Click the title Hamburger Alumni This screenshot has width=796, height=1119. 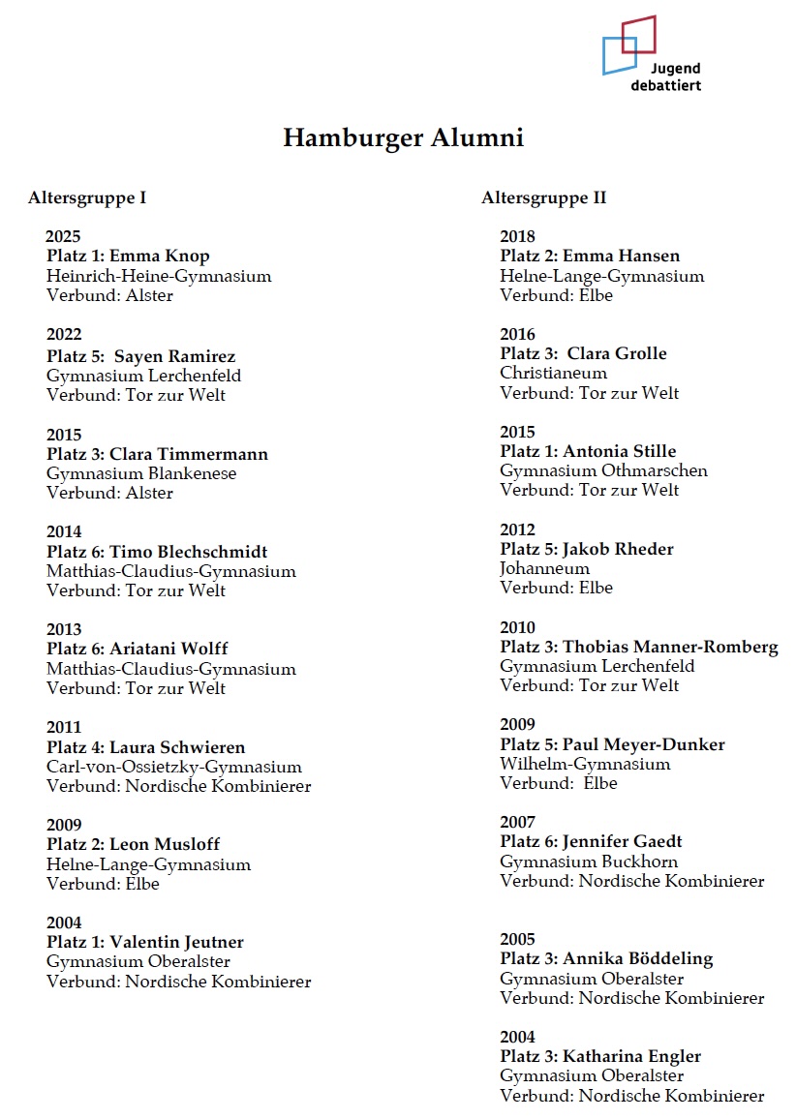coord(403,138)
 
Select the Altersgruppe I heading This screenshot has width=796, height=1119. coord(87,198)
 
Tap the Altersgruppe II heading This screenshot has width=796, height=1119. coord(543,198)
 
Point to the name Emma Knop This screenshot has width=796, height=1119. coord(159,257)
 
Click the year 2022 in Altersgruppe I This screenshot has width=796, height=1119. coord(64,335)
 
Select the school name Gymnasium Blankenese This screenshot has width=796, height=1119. coord(141,473)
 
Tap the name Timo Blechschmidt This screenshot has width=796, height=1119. coord(188,552)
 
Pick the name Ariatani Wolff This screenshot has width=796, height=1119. coord(168,649)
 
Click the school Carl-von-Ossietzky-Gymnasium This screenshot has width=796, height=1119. coord(174,767)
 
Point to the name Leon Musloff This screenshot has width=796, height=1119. coord(165,844)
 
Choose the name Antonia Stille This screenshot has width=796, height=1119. coord(620,451)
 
